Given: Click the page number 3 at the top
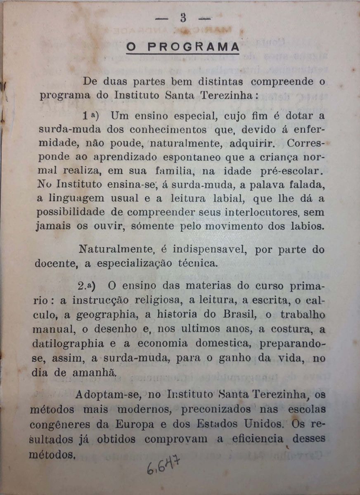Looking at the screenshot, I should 183,18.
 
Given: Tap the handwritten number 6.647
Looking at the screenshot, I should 162,467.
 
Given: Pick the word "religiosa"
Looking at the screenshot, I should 154,301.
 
